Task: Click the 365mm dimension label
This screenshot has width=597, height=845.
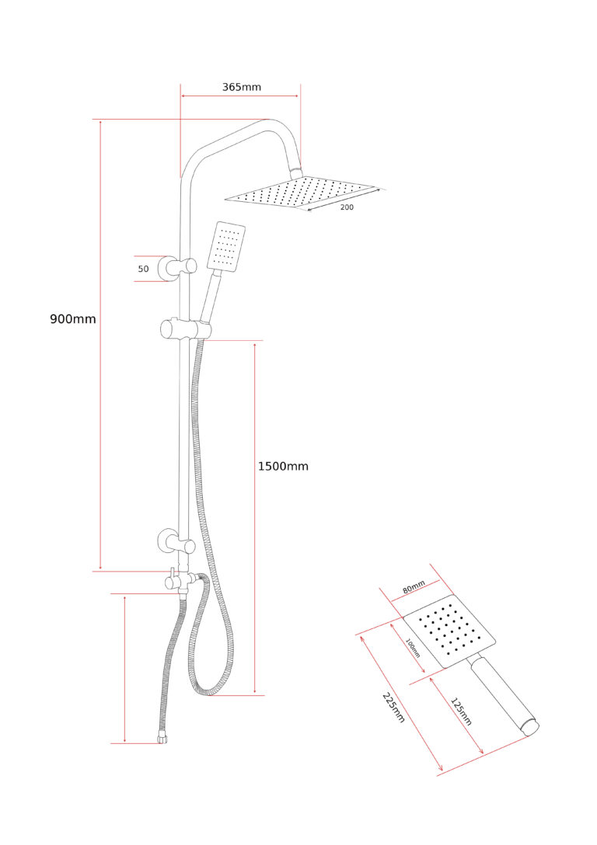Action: (x=241, y=87)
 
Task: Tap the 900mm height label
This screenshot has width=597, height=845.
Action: (x=73, y=318)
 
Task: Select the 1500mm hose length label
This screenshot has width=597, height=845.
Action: (x=283, y=466)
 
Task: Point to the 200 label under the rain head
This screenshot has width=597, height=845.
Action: (x=347, y=207)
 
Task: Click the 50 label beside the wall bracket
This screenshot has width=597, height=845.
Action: (x=144, y=269)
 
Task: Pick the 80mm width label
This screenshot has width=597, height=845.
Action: (x=414, y=587)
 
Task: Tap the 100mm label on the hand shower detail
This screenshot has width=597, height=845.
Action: (x=413, y=648)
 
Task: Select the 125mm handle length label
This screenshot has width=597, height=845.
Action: (x=461, y=711)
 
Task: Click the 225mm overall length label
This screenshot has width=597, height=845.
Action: (x=393, y=708)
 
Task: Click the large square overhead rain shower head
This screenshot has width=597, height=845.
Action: (x=300, y=192)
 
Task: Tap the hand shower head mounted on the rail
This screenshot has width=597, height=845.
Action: (x=226, y=245)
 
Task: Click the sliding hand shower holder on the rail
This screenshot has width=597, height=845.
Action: (x=186, y=329)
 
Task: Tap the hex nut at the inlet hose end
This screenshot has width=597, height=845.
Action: (x=162, y=738)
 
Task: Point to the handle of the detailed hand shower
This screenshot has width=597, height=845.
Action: (x=504, y=695)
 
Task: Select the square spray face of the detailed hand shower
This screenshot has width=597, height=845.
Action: (x=449, y=631)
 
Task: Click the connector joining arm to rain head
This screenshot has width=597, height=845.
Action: (x=296, y=172)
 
